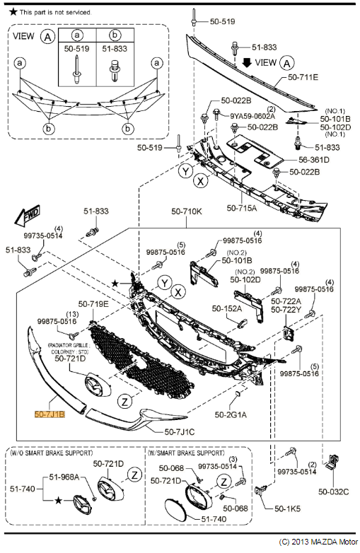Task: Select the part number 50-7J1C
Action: click(x=180, y=431)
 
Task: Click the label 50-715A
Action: click(x=241, y=208)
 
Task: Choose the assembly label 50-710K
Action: click(x=186, y=211)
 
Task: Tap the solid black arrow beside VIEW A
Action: click(x=247, y=62)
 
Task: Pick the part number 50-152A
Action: click(x=226, y=308)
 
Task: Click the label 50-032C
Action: click(x=333, y=491)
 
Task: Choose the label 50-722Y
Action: click(x=286, y=310)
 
